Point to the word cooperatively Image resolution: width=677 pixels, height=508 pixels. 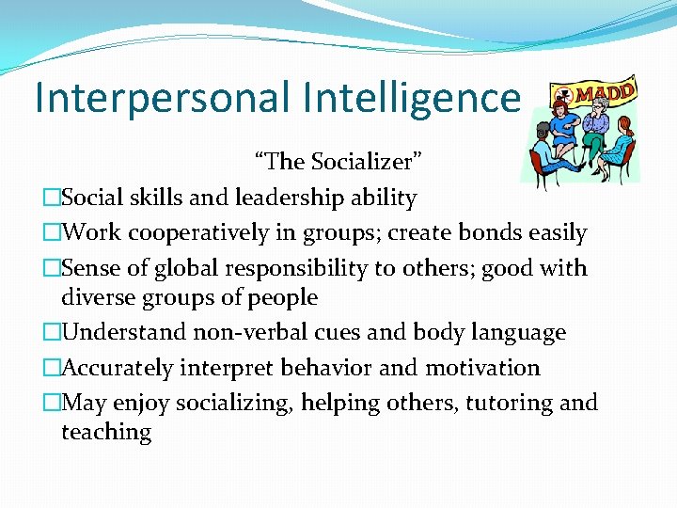(x=205, y=232)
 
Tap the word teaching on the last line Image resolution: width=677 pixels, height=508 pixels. (x=105, y=432)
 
